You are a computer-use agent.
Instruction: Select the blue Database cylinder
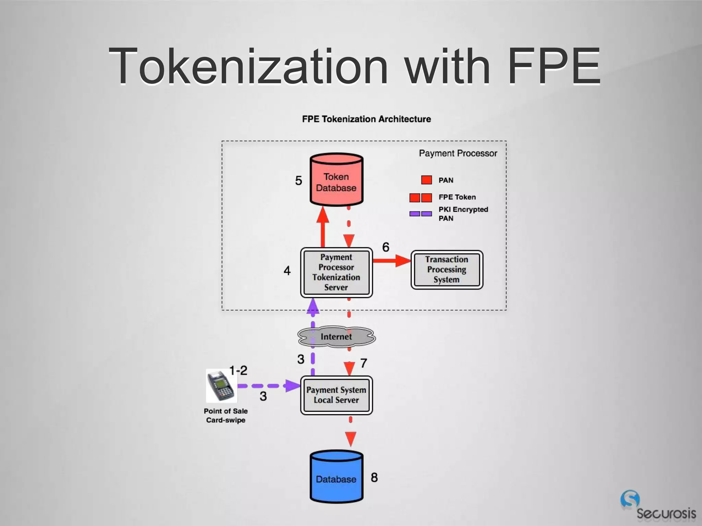pyautogui.click(x=336, y=477)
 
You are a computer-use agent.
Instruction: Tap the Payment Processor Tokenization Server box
pyautogui.click(x=336, y=272)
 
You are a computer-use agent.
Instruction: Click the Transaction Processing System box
pyautogui.click(x=447, y=270)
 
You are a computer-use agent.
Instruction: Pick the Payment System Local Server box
pyautogui.click(x=336, y=395)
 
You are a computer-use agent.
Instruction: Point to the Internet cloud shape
pyautogui.click(x=336, y=337)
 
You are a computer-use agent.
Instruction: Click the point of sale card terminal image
pyautogui.click(x=221, y=386)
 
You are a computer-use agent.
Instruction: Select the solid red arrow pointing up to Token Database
pyautogui.click(x=323, y=226)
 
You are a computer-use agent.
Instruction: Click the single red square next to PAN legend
pyautogui.click(x=426, y=180)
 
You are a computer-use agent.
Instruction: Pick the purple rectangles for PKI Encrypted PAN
pyautogui.click(x=421, y=214)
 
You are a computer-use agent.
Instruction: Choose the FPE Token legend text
pyautogui.click(x=457, y=197)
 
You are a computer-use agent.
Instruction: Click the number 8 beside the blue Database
pyautogui.click(x=374, y=477)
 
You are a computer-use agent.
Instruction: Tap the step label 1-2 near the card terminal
pyautogui.click(x=238, y=371)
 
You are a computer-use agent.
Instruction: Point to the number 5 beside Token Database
pyautogui.click(x=299, y=181)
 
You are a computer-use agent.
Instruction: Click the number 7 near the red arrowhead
pyautogui.click(x=364, y=363)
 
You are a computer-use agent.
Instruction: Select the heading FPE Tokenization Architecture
pyautogui.click(x=366, y=119)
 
